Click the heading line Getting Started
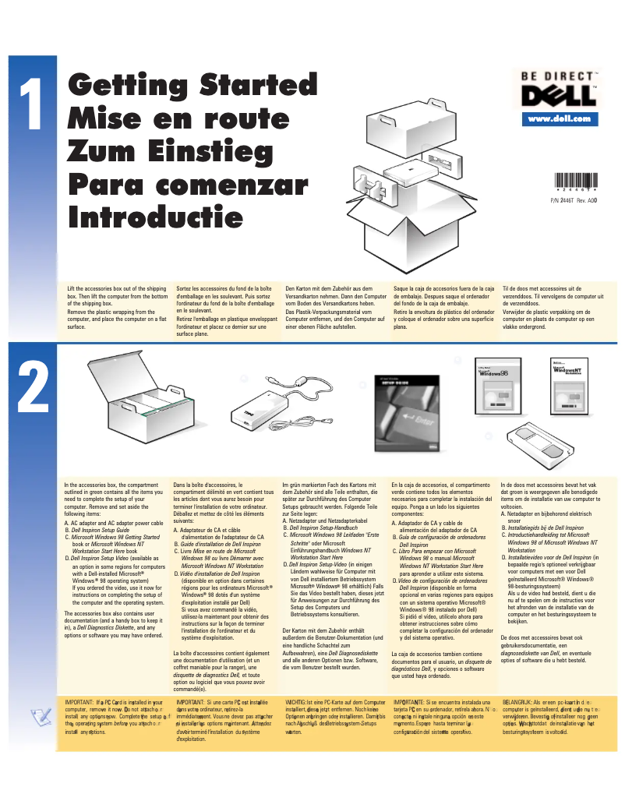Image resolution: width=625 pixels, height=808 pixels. click(187, 85)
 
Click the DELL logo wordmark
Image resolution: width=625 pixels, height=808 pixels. click(560, 97)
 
